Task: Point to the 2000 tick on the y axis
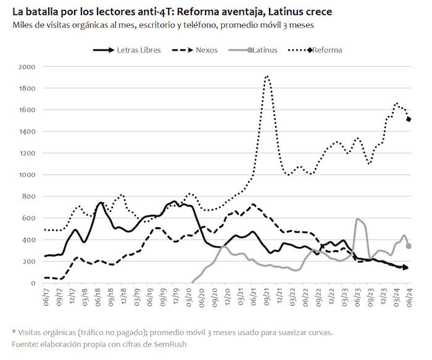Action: pos(28,67)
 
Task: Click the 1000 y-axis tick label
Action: pos(28,175)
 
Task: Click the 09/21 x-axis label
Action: pos(267,298)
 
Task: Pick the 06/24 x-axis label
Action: pos(409,298)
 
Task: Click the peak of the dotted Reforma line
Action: pos(267,76)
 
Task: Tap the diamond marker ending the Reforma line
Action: pos(409,119)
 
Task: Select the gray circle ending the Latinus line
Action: pos(409,246)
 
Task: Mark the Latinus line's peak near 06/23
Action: pos(357,219)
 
